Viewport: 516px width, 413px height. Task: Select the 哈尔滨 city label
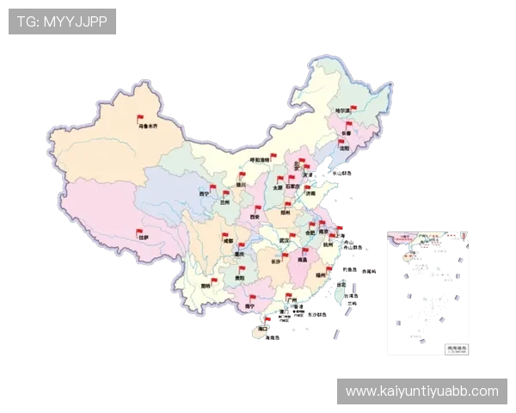coord(343,110)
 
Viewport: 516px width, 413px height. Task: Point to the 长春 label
coord(345,134)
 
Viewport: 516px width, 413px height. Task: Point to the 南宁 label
coord(249,305)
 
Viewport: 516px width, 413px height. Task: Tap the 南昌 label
coord(301,259)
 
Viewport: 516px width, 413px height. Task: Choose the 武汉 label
coord(285,240)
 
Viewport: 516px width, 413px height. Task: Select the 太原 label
coord(277,187)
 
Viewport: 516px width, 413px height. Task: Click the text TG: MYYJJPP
coord(62,22)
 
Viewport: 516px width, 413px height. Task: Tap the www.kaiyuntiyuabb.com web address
coord(421,391)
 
